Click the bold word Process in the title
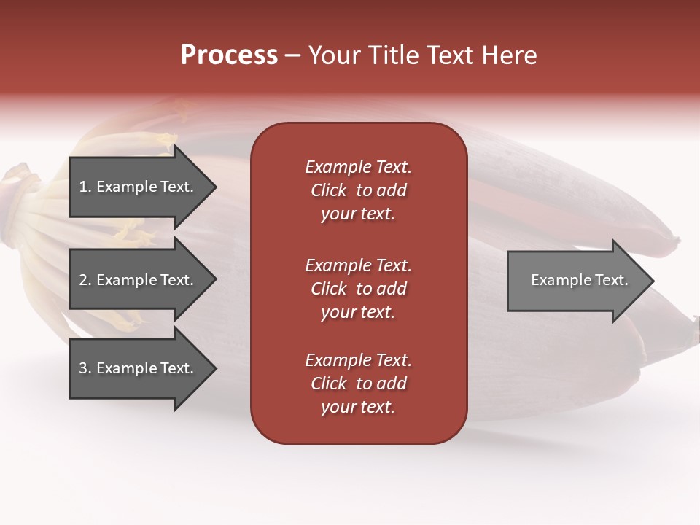pyautogui.click(x=229, y=55)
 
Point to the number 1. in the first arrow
pyautogui.click(x=85, y=187)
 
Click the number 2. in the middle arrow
pyautogui.click(x=85, y=280)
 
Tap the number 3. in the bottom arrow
pyautogui.click(x=85, y=368)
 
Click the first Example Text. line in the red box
pyautogui.click(x=358, y=167)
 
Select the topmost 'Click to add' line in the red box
pyautogui.click(x=358, y=190)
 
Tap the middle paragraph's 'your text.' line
pyautogui.click(x=358, y=312)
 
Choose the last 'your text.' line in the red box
pyautogui.click(x=358, y=407)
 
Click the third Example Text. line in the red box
pyautogui.click(x=358, y=360)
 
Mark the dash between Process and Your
pyautogui.click(x=292, y=55)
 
